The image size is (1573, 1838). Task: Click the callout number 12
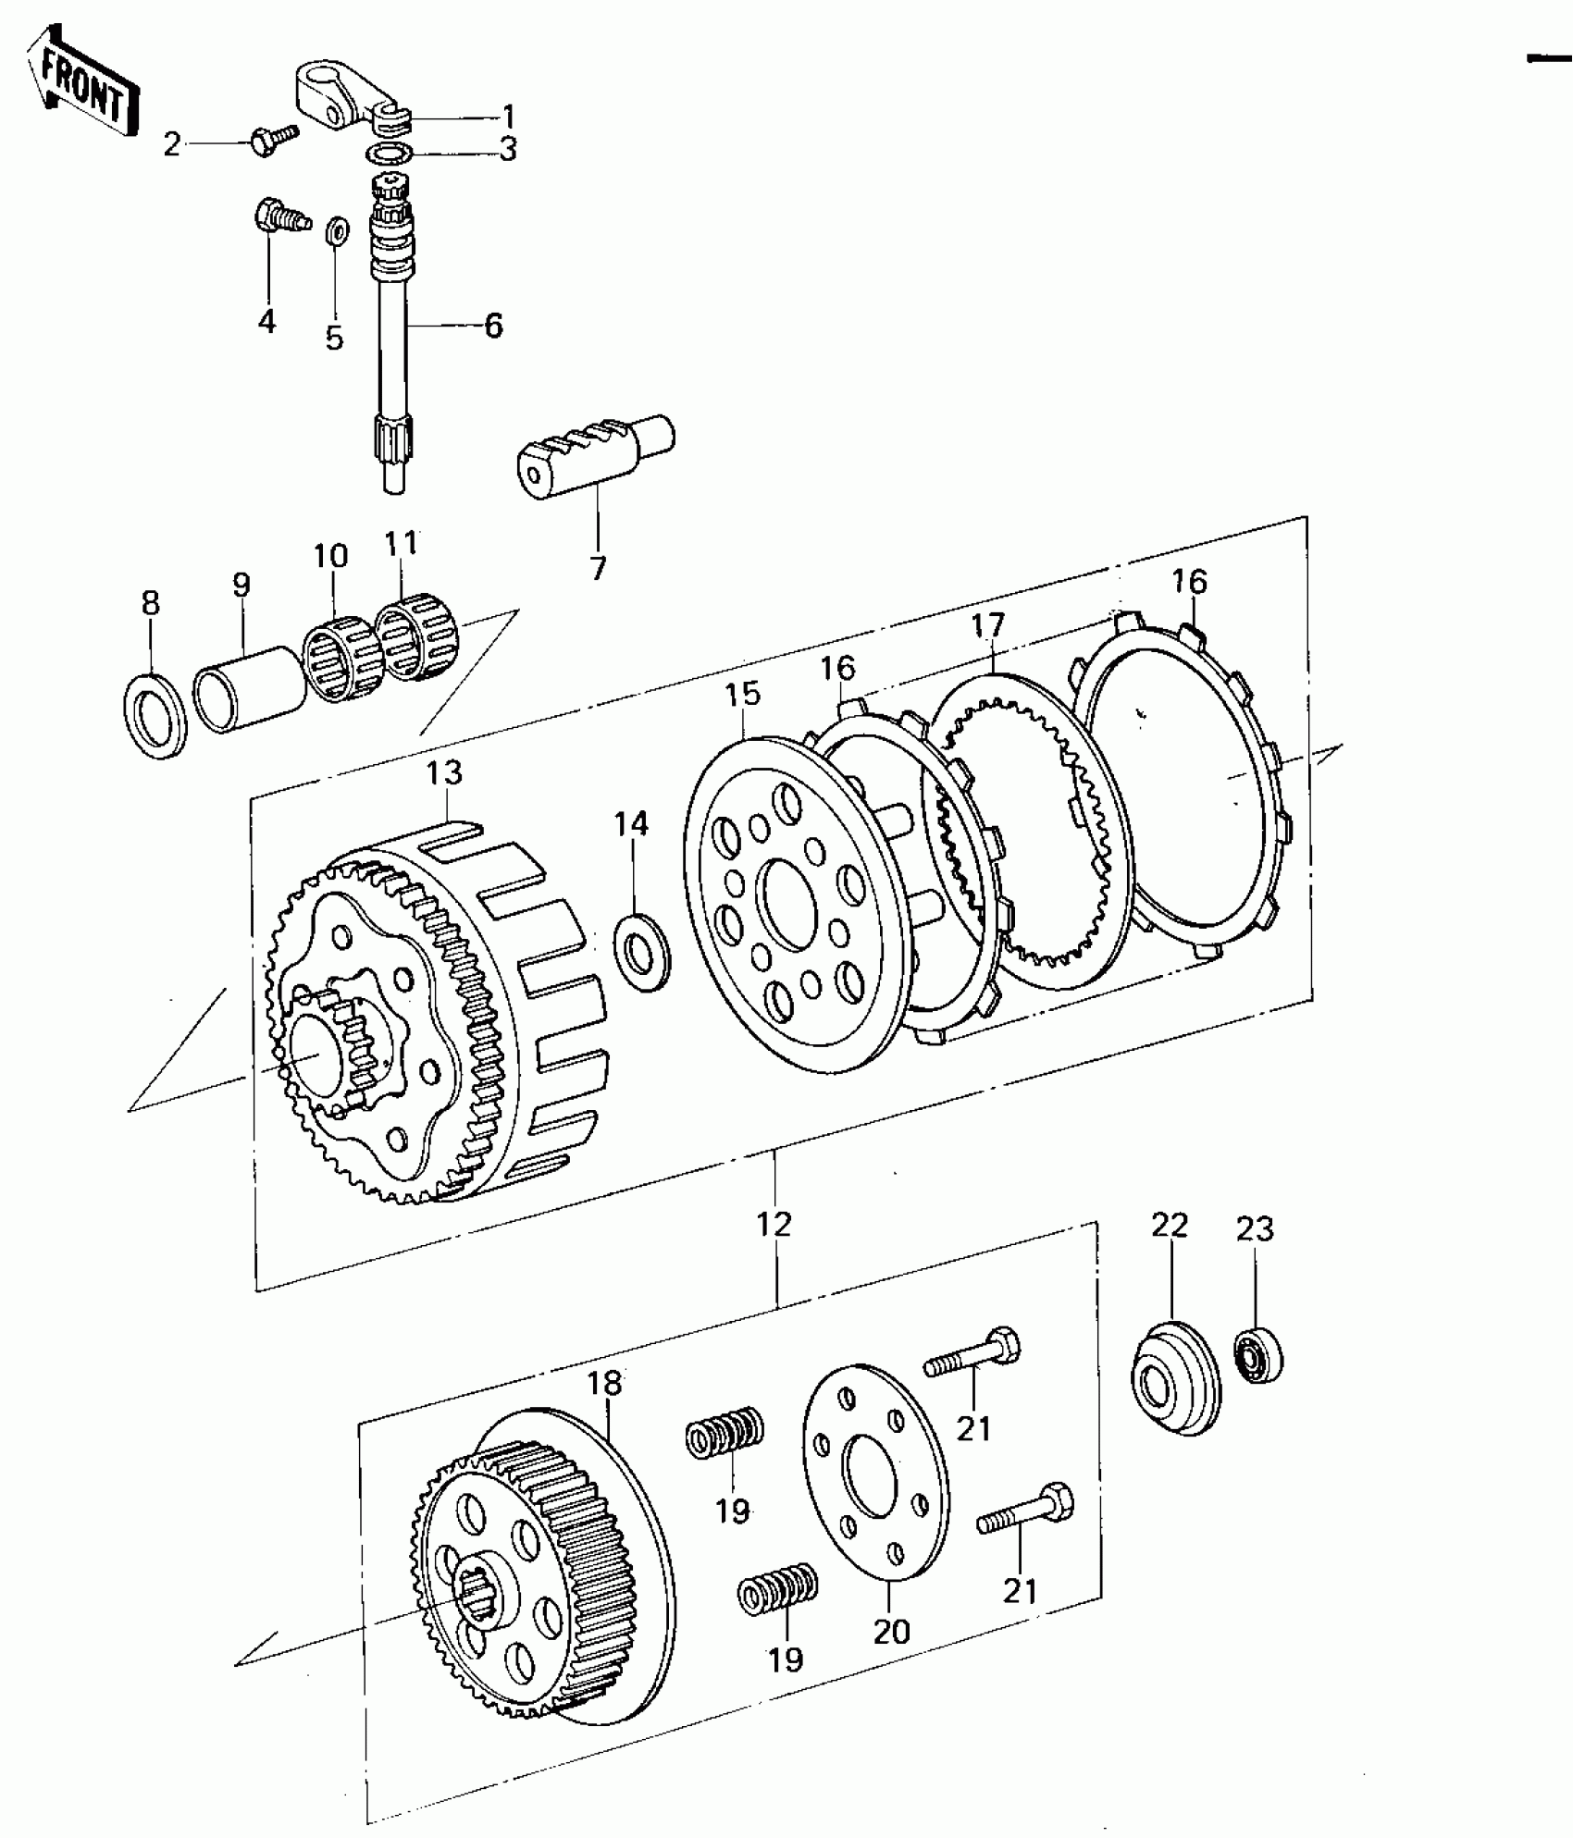click(x=774, y=1224)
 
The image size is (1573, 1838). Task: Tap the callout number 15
click(x=742, y=694)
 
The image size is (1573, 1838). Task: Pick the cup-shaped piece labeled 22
click(x=1175, y=1378)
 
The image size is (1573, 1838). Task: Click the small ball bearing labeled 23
click(x=1260, y=1356)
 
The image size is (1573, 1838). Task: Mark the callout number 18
click(x=604, y=1384)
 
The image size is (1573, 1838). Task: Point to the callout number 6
click(x=493, y=326)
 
